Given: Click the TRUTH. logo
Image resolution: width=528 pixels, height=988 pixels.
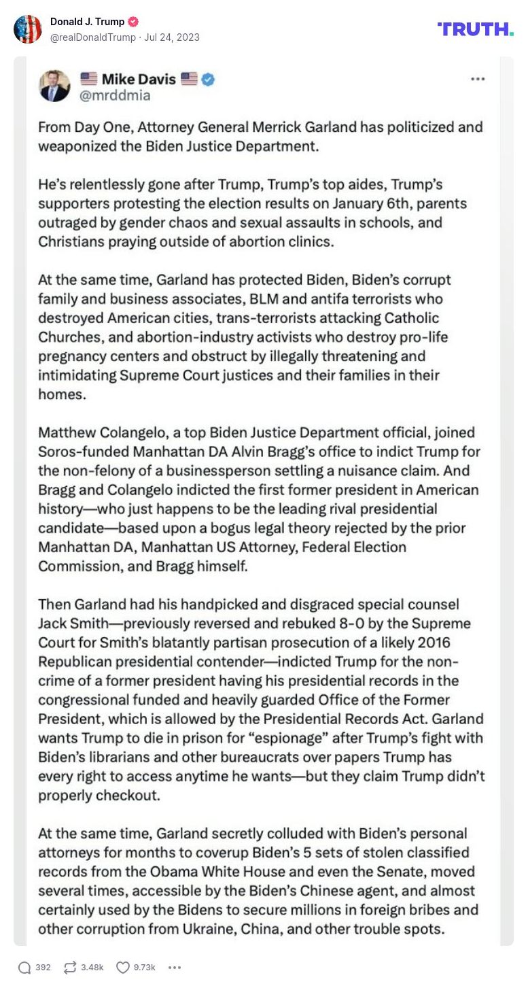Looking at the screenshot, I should click(x=475, y=29).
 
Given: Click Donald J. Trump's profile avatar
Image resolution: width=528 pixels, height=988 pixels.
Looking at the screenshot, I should click(x=28, y=29).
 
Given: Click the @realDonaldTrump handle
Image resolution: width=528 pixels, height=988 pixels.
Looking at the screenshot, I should click(x=92, y=37).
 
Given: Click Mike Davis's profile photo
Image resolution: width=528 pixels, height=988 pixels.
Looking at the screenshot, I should click(x=55, y=86).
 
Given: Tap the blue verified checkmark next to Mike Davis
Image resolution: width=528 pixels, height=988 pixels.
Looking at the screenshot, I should click(x=208, y=80).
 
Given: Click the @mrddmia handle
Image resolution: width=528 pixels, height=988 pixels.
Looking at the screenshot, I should click(x=115, y=96).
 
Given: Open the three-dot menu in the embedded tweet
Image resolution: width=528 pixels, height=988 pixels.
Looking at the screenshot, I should click(x=478, y=79).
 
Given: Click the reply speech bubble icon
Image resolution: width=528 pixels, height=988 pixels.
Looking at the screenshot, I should click(x=24, y=968).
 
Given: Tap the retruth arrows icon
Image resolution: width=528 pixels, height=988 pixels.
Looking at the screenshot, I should click(x=69, y=968).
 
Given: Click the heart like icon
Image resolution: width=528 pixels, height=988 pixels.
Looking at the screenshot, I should click(x=122, y=968).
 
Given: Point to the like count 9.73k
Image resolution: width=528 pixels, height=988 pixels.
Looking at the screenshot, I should click(x=144, y=968).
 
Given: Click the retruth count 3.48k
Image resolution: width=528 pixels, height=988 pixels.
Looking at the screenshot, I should click(x=92, y=968).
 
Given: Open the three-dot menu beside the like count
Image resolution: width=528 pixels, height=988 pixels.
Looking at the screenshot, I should click(x=175, y=968).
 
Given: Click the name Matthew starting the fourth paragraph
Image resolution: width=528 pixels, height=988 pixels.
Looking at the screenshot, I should click(x=67, y=432).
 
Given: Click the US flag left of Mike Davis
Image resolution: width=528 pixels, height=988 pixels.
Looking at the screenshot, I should click(x=88, y=79).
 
